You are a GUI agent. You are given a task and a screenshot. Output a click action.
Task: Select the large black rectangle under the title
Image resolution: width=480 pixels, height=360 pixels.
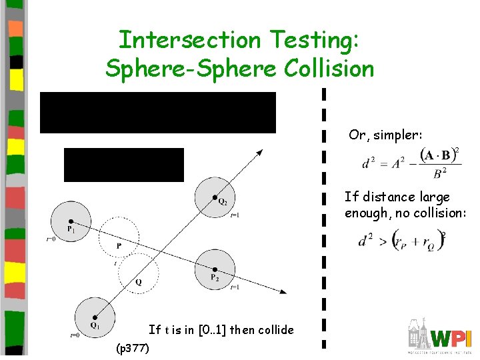pos(158,113)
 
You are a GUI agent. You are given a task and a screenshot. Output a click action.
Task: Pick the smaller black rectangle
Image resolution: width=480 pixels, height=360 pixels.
pos(123,165)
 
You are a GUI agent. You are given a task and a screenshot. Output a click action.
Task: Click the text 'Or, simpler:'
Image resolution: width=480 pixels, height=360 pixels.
pos(385,135)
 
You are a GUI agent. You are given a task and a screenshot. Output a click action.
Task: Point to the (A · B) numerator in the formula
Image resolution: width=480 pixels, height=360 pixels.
pos(436,156)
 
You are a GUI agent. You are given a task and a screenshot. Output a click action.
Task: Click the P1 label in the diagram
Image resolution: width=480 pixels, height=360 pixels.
pos(70,229)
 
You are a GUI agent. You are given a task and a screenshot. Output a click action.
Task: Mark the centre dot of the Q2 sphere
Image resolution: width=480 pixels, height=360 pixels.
pos(214,197)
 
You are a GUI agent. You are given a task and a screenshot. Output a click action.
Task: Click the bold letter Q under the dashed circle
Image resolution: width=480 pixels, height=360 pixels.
pos(137,282)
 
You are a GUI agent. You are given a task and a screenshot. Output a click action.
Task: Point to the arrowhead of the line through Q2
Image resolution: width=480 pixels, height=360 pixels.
pos(259,153)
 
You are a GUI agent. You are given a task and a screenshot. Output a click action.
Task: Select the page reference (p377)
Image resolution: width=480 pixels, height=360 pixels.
pos(133,348)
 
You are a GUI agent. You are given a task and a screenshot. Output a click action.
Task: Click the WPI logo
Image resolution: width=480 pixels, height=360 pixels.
pos(439,337)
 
